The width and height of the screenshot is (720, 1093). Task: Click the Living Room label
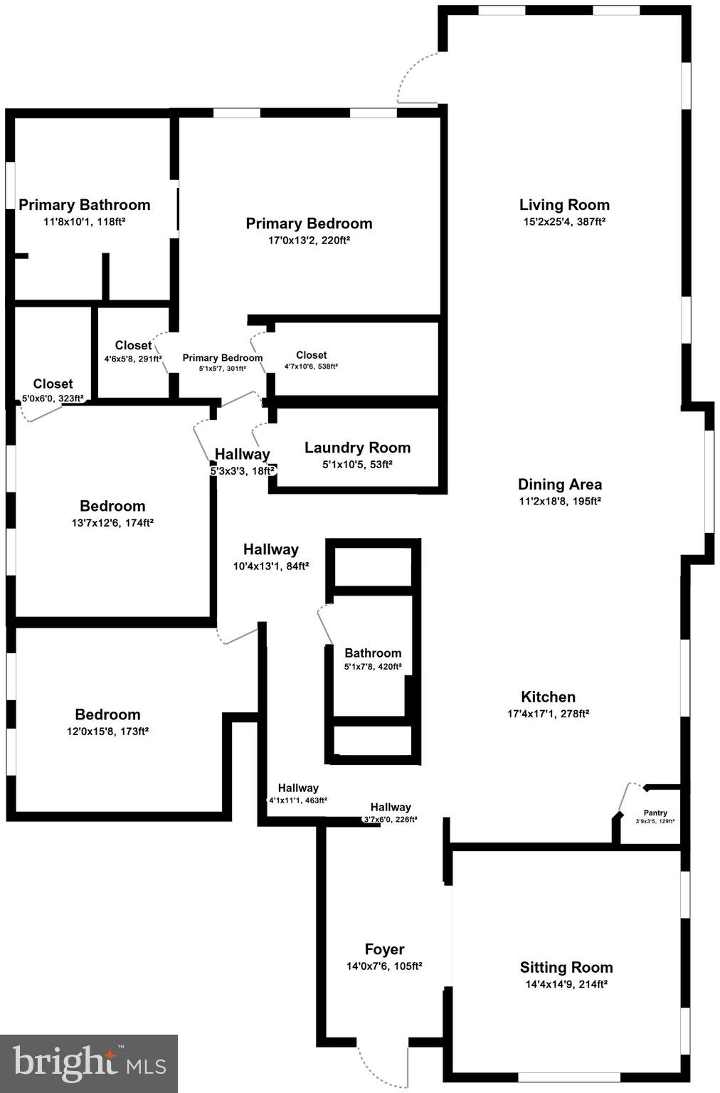click(564, 205)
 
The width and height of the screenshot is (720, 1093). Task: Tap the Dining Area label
click(560, 485)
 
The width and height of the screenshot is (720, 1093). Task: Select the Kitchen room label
click(548, 697)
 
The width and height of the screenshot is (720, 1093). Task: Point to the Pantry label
click(655, 813)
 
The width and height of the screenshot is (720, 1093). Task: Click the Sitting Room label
click(566, 967)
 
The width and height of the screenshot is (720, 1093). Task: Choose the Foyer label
click(384, 949)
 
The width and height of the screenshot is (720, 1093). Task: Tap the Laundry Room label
click(357, 448)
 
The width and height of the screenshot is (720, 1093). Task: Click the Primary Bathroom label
click(85, 205)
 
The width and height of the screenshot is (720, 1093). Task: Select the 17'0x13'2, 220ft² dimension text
click(309, 241)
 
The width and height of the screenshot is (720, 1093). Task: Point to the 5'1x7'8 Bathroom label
click(373, 653)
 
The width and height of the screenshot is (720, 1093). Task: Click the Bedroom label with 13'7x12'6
click(112, 506)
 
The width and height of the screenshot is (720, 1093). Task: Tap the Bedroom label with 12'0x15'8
click(107, 714)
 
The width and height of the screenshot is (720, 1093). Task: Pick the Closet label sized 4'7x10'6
click(311, 355)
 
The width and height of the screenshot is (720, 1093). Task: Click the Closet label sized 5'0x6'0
click(53, 384)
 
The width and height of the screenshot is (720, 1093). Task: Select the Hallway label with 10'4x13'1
click(270, 549)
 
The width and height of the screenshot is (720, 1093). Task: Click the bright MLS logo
click(89, 1063)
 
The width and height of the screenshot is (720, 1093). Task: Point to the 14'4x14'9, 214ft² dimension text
click(566, 985)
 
